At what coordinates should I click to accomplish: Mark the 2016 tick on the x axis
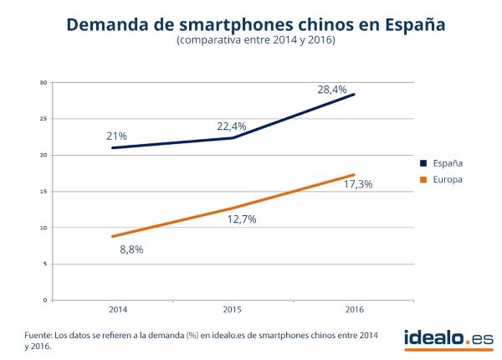click(354, 308)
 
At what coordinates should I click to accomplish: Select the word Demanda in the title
click(101, 23)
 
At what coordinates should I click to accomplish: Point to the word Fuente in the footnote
click(38, 335)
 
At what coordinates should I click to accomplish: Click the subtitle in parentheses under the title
click(255, 41)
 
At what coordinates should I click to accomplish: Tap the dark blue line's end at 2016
click(355, 94)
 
